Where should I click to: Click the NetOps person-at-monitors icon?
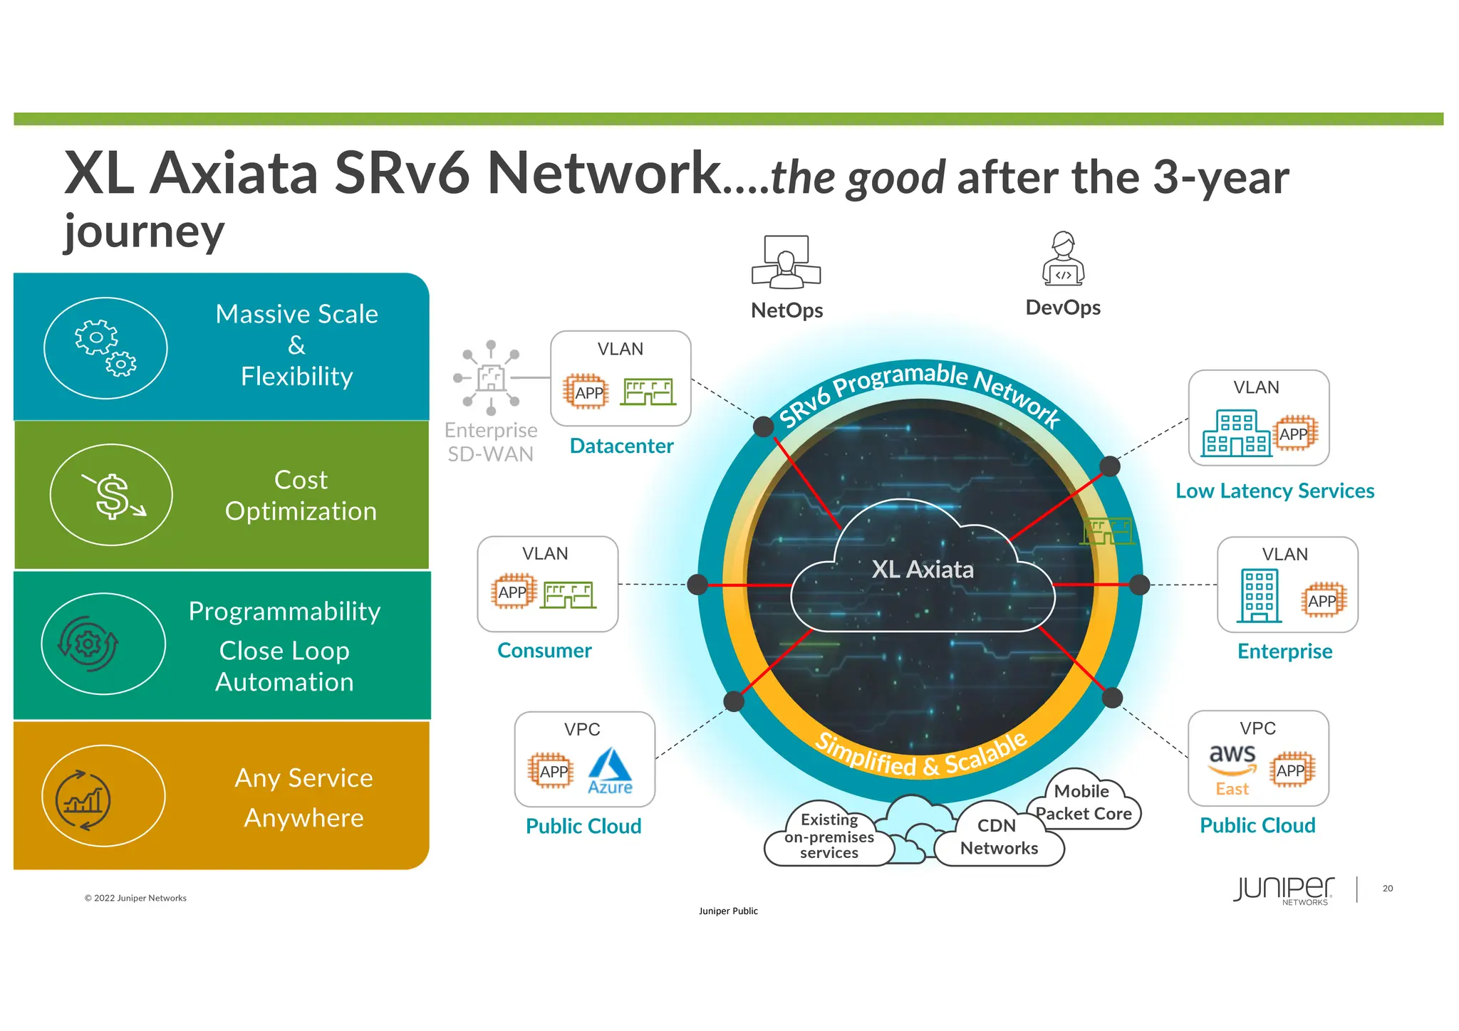tap(786, 262)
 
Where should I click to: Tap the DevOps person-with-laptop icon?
tap(1063, 259)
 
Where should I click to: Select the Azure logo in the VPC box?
tap(610, 770)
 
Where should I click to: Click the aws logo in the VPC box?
tap(1232, 759)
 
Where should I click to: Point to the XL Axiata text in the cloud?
tap(923, 570)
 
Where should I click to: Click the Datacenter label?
tap(621, 446)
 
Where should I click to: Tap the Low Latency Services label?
tap(1274, 491)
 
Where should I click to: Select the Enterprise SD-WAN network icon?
tap(490, 377)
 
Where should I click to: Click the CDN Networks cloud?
tap(999, 837)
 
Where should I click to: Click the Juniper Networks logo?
tap(1284, 890)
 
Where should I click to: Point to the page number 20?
tap(1387, 889)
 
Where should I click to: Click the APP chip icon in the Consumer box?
tap(513, 592)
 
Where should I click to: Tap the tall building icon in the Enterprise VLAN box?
tap(1259, 596)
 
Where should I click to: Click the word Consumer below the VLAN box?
tap(544, 651)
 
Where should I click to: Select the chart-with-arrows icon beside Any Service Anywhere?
tap(83, 800)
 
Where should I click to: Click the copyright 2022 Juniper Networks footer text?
tap(135, 899)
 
